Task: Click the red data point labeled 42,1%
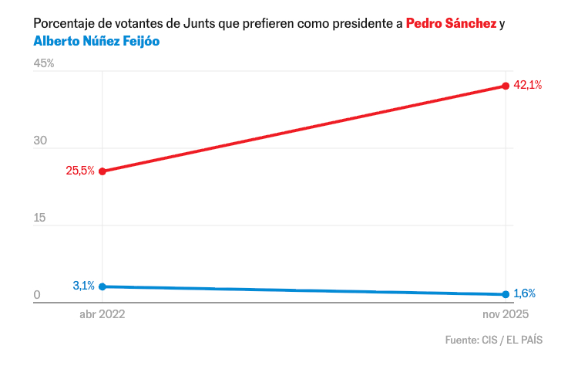506,86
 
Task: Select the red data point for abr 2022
102,171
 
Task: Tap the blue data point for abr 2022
102,286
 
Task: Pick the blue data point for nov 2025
506,294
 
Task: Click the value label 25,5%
80,171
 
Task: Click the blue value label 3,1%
84,286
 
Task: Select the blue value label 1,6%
524,293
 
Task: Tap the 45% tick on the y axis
44,63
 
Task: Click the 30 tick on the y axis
41,141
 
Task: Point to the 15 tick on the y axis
40,218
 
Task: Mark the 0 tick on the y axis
36,295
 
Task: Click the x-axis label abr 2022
102,315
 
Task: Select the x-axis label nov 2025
506,315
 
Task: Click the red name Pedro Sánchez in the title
451,24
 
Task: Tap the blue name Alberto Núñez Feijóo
96,41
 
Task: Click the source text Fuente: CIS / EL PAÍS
493,340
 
